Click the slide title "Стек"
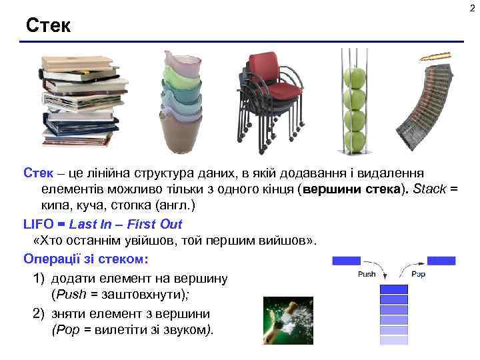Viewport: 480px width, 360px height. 48,26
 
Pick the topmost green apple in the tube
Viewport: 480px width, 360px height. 355,78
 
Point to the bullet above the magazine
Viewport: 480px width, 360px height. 435,57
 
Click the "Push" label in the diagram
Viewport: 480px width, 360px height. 367,274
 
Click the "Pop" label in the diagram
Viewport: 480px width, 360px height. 419,274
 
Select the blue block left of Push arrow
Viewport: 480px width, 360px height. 346,261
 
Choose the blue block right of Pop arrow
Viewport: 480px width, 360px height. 441,261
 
